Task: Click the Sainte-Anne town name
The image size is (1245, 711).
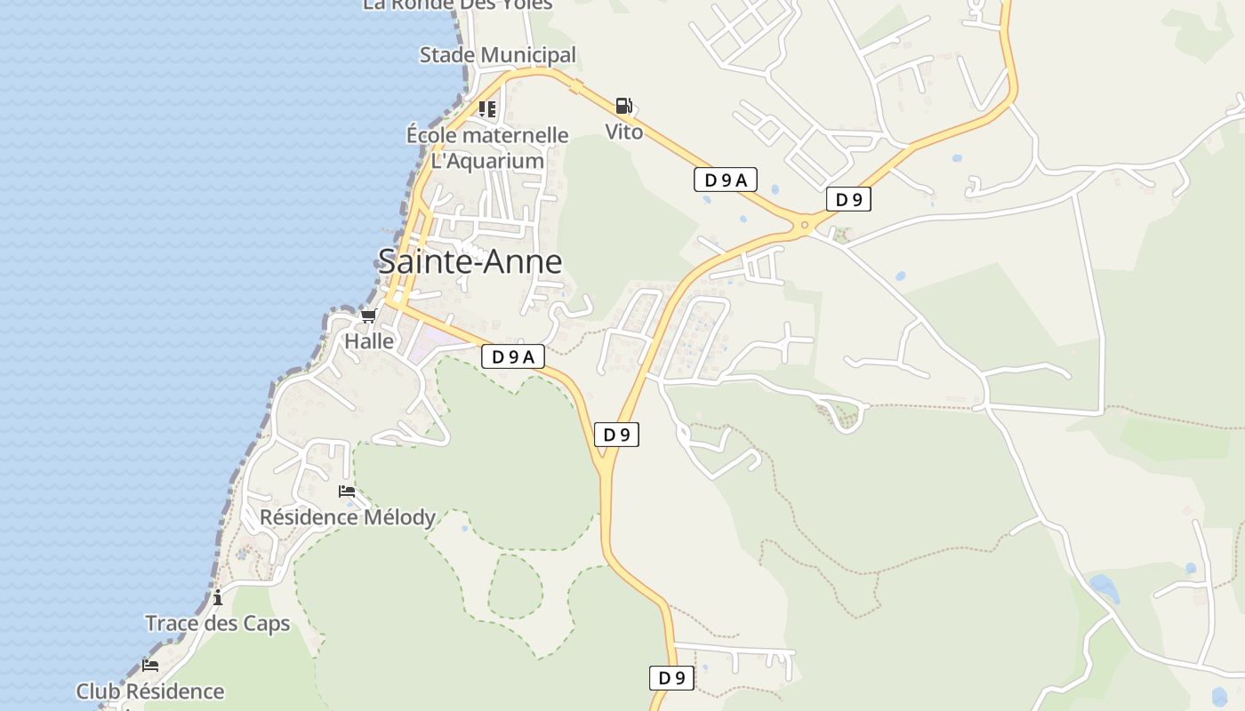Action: [470, 261]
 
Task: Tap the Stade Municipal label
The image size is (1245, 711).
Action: [497, 55]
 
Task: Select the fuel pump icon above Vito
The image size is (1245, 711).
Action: [624, 107]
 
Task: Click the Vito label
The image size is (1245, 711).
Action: [623, 132]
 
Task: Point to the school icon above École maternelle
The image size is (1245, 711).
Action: [486, 109]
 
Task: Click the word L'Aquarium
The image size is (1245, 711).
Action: [487, 161]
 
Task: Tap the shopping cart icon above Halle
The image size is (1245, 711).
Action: [368, 316]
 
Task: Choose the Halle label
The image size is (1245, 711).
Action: [369, 340]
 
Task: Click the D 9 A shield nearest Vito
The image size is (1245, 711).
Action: [725, 180]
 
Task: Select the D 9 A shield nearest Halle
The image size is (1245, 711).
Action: [512, 356]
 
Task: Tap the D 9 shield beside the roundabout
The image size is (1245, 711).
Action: [847, 199]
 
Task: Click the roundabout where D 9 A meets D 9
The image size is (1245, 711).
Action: [805, 225]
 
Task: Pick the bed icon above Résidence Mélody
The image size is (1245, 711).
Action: [347, 491]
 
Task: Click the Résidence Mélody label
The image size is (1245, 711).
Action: [348, 516]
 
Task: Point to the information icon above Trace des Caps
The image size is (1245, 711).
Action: [218, 597]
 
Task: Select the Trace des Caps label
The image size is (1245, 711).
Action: [218, 623]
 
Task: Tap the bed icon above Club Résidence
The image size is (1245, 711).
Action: [150, 665]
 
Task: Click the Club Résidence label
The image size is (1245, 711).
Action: [149, 691]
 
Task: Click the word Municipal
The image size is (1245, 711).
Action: [530, 55]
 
